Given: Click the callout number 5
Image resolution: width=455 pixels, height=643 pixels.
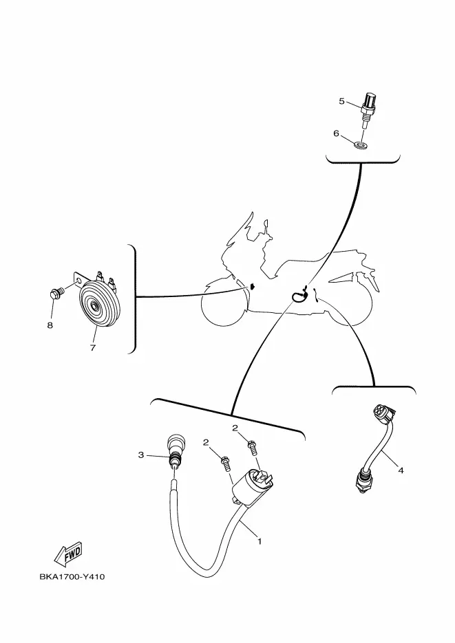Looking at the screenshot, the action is [341, 101].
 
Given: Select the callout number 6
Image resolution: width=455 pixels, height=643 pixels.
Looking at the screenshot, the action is [336, 133].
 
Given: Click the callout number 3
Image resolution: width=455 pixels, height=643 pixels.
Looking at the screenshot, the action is [141, 455].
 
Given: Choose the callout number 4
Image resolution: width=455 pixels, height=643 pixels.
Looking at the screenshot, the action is [401, 470].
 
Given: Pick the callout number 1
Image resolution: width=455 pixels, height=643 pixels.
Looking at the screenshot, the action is [260, 541].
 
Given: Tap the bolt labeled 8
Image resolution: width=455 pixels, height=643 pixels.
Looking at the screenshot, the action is [56, 294].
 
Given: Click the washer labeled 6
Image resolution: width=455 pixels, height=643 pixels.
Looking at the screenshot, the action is [361, 145].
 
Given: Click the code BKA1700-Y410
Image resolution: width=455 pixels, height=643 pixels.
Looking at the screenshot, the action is [72, 576].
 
